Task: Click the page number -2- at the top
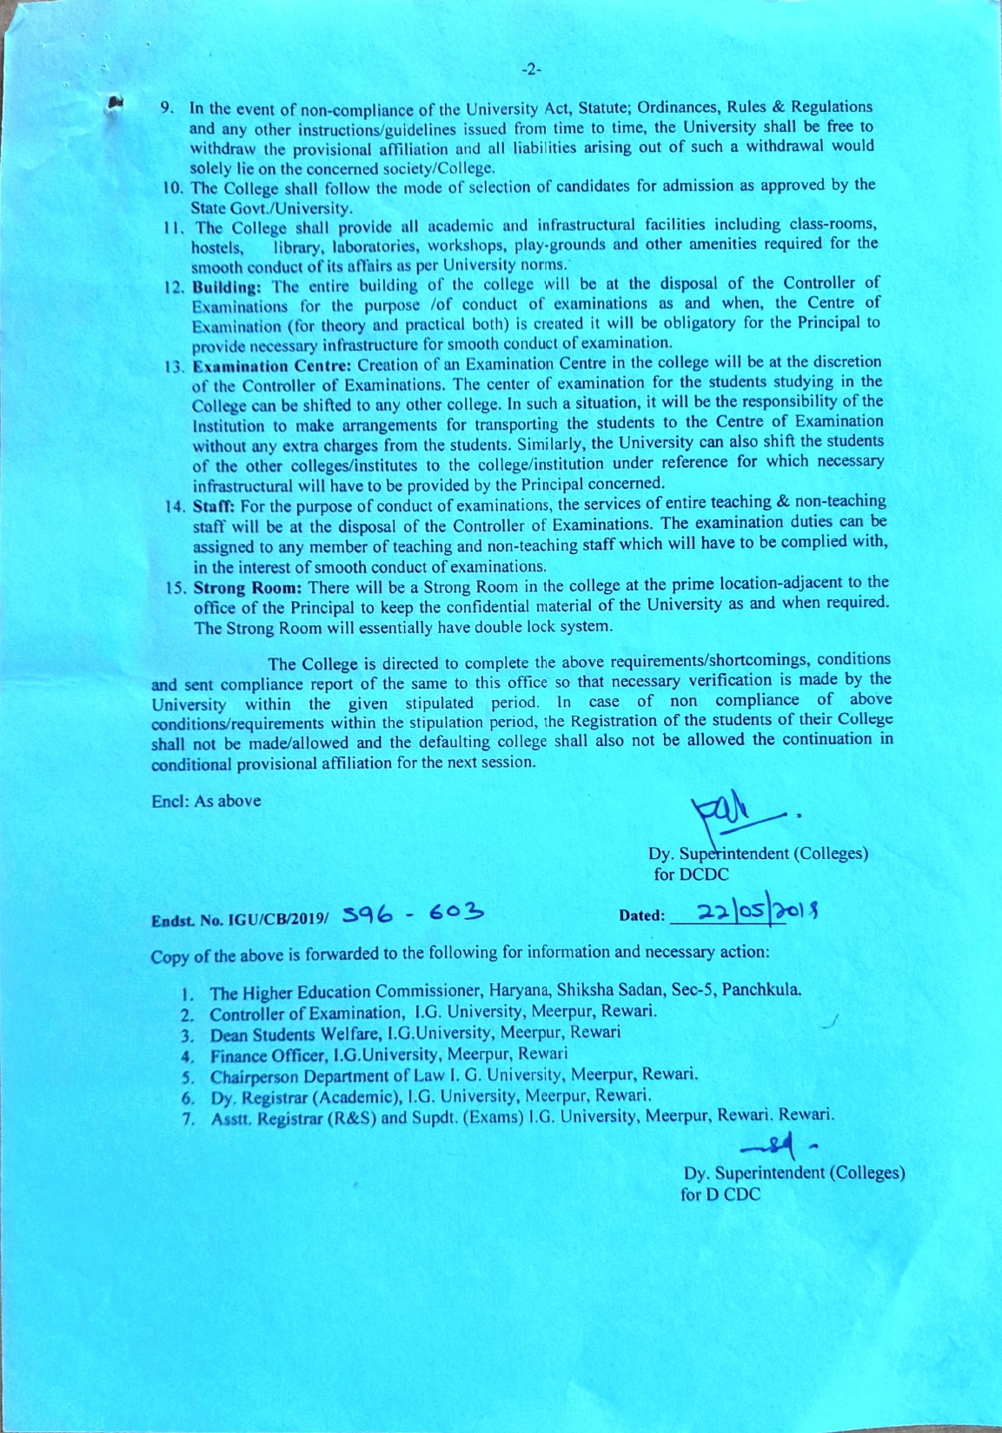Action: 531,69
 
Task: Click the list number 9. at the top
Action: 169,109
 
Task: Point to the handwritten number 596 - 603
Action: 413,913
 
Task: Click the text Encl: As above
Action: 206,801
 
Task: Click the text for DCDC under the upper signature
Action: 691,875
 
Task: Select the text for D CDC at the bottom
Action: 720,1194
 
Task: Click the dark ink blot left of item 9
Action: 114,102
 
